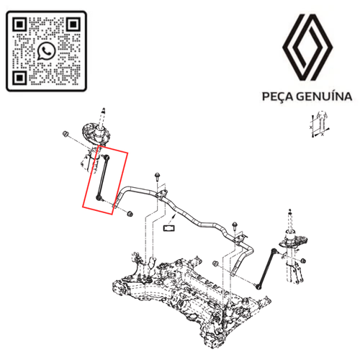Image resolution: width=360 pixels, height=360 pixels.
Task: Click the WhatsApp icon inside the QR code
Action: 46,51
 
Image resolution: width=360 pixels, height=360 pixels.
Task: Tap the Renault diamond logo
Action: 307,48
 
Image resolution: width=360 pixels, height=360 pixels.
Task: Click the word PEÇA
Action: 278,96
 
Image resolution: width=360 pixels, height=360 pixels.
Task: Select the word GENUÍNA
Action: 324,96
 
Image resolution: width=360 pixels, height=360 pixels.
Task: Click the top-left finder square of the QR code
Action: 19,24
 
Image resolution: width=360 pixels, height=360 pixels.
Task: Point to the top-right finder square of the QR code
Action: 73,24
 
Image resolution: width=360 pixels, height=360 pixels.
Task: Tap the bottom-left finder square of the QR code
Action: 19,78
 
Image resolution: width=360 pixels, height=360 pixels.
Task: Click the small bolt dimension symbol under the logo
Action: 320,124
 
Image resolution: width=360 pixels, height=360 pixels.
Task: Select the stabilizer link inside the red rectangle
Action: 102,178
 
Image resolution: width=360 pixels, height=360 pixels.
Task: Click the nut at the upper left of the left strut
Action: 65,134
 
